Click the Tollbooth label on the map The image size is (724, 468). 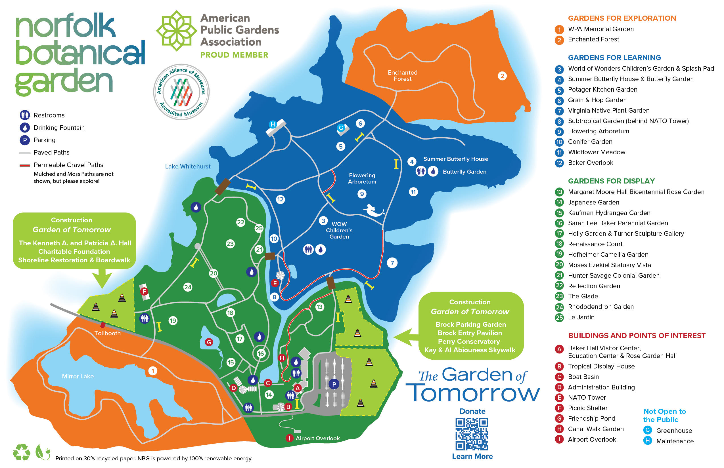pos(107,333)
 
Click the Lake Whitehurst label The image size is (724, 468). pos(188,166)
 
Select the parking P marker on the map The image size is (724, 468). pos(334,384)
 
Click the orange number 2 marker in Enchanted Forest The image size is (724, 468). pos(502,76)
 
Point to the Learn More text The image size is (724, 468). pos(472,456)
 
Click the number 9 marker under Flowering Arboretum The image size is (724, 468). pos(362,194)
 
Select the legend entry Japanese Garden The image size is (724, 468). pos(593,203)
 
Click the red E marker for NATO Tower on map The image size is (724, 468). pos(275,283)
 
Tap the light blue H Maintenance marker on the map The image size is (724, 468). pos(273,124)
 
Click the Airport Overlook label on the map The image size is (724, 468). pos(318,438)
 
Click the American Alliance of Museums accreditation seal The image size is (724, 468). pos(181,92)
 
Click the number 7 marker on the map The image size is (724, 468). pos(392,263)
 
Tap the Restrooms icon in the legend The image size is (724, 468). pos(25,115)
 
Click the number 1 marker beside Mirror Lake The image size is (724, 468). pos(153,371)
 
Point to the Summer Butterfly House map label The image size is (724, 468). pos(455,159)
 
